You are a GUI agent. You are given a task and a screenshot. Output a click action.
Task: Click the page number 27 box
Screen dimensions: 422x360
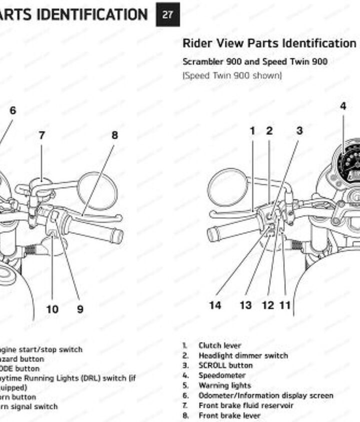pyautogui.click(x=167, y=14)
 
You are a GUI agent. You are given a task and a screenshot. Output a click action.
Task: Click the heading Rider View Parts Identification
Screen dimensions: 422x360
pyautogui.click(x=269, y=43)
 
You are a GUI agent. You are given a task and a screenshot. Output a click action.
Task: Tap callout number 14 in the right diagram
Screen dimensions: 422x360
pyautogui.click(x=215, y=305)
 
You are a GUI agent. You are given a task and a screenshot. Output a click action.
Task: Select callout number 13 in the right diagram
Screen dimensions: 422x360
pyautogui.click(x=245, y=305)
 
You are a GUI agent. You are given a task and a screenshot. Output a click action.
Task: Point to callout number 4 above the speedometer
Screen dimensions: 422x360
pyautogui.click(x=343, y=106)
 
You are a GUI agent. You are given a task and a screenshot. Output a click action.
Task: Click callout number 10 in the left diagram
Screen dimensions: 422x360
pyautogui.click(x=52, y=309)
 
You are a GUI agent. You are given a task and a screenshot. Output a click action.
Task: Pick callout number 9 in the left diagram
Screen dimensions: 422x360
pyautogui.click(x=80, y=309)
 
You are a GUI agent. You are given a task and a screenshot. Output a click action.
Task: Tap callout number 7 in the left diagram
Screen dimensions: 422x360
pyautogui.click(x=41, y=135)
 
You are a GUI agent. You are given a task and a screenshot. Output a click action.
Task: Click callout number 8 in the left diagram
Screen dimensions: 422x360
pyautogui.click(x=114, y=135)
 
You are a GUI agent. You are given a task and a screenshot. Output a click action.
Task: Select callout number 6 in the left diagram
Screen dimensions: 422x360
pyautogui.click(x=12, y=111)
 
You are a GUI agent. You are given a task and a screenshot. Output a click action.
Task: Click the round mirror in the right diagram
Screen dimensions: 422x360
pyautogui.click(x=227, y=187)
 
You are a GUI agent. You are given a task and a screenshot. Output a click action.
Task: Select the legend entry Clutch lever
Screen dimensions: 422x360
pyautogui.click(x=219, y=346)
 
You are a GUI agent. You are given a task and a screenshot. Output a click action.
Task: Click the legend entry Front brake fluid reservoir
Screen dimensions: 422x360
pyautogui.click(x=246, y=406)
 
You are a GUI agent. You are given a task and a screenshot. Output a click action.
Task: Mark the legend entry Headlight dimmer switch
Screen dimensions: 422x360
pyautogui.click(x=243, y=356)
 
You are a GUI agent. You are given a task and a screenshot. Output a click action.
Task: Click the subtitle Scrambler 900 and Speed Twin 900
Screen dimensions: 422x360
pyautogui.click(x=255, y=62)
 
